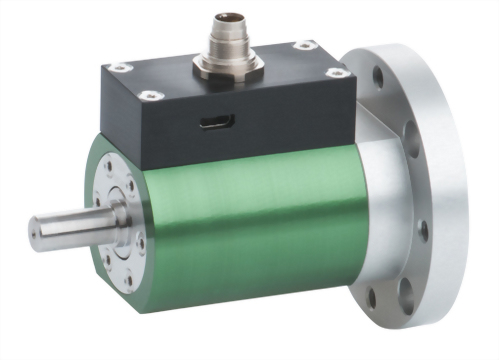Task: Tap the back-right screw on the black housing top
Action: coord(300,45)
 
